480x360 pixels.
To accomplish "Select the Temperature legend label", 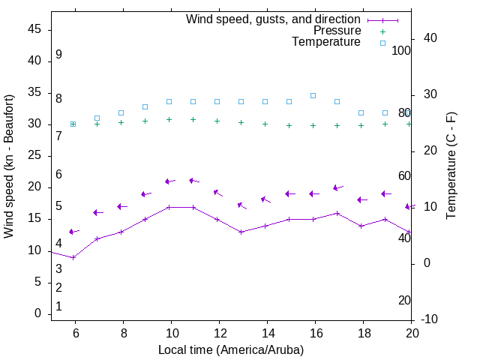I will tap(326, 42).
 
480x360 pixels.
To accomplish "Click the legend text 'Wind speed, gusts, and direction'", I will tap(274, 19).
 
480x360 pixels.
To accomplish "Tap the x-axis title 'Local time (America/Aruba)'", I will tap(231, 349).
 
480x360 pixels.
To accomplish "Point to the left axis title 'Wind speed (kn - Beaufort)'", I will tap(9, 166).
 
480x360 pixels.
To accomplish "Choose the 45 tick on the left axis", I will tap(34, 30).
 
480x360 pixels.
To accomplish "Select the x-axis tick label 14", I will tap(267, 333).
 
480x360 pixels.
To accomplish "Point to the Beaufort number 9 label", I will tap(58, 55).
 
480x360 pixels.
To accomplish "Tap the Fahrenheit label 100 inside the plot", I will tap(401, 50).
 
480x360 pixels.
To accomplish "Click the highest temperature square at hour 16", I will tap(313, 95).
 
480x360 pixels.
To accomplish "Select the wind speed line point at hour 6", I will tap(73, 257).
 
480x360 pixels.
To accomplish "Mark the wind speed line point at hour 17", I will tap(337, 213).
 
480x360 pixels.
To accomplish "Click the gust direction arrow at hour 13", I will tap(241, 205).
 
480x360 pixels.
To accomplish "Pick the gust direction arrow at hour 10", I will tap(169, 181).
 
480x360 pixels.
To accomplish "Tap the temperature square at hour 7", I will tap(97, 118).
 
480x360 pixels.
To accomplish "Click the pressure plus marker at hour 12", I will tap(217, 121).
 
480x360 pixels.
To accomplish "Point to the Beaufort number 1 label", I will tap(58, 307).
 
